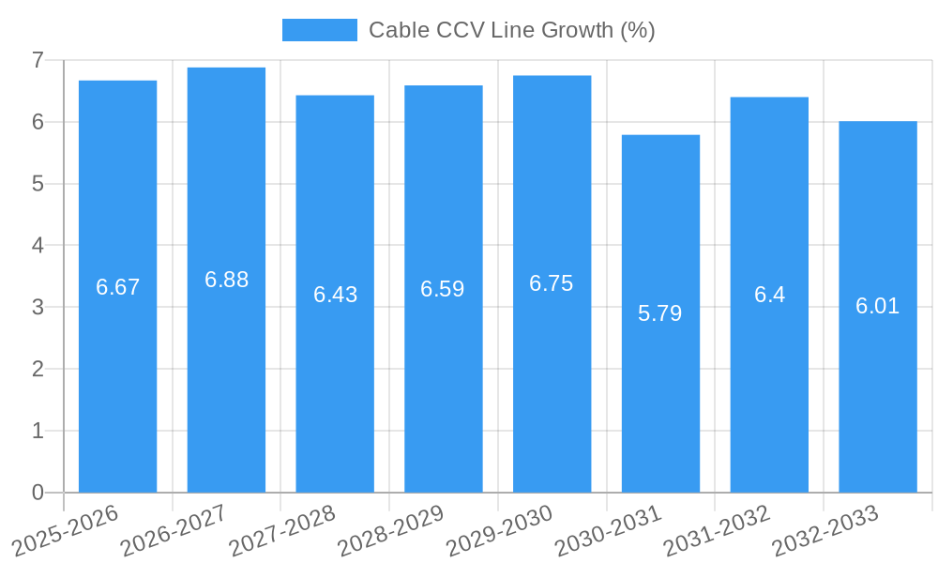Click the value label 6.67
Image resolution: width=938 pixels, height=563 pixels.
118,287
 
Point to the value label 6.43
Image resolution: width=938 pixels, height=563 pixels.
335,295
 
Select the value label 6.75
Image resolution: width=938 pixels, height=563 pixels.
552,283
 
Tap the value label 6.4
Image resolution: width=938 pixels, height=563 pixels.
769,295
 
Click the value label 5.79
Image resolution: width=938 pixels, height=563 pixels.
660,313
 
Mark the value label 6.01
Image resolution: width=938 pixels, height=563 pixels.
878,306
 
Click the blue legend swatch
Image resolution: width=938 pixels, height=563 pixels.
320,30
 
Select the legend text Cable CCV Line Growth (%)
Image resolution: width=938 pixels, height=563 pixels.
511,30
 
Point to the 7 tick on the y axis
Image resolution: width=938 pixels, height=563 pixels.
38,60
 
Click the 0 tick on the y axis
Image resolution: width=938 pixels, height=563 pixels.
38,493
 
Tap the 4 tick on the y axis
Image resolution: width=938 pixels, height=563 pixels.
38,245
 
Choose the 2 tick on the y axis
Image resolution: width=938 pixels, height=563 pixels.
38,369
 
